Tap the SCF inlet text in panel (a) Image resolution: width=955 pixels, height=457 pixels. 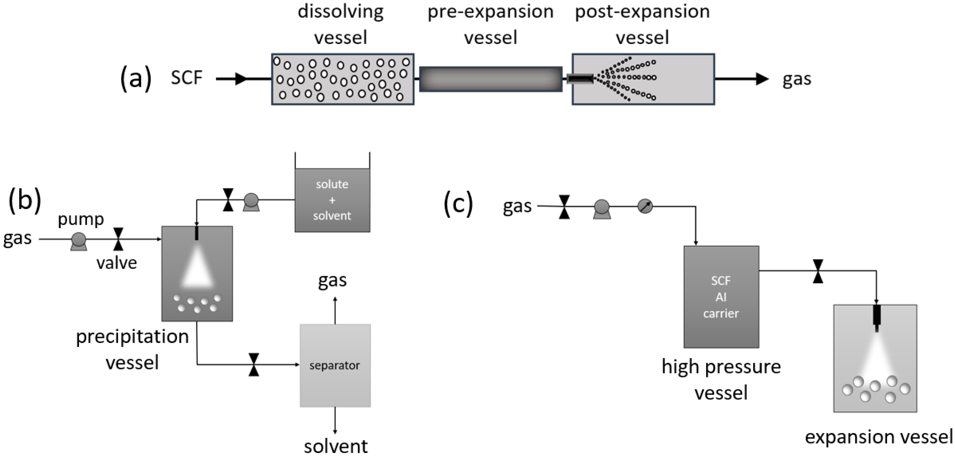pyautogui.click(x=187, y=78)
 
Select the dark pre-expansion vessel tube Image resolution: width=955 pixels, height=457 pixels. pyautogui.click(x=490, y=79)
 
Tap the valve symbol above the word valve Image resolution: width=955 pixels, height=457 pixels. pyautogui.click(x=118, y=239)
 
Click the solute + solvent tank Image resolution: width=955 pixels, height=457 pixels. pyautogui.click(x=332, y=200)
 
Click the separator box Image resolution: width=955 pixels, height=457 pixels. pyautogui.click(x=335, y=365)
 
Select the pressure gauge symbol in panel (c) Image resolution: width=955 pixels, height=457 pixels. pyautogui.click(x=645, y=206)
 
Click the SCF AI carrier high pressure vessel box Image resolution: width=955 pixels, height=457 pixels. pyautogui.click(x=721, y=297)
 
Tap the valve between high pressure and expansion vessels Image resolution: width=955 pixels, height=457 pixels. pyautogui.click(x=818, y=271)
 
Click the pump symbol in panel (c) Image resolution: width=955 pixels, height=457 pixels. pyautogui.click(x=602, y=209)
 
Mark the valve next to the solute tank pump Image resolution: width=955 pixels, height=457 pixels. pyautogui.click(x=228, y=200)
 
